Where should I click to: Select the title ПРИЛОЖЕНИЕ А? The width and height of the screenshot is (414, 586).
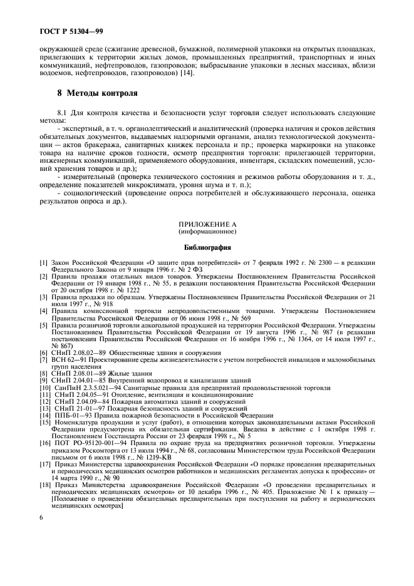tap(206, 224)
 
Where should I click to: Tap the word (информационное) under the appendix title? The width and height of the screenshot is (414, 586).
tap(206, 230)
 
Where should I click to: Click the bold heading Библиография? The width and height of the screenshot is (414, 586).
tap(206, 247)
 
